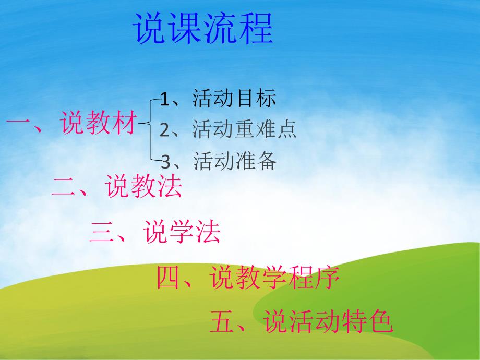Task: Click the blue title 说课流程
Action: (x=204, y=29)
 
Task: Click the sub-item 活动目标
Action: (x=234, y=98)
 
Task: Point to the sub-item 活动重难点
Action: (x=244, y=129)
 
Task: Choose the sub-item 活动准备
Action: (x=234, y=161)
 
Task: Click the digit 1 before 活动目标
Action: (x=165, y=99)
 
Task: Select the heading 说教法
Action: (x=143, y=187)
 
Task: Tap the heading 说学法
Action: (x=182, y=233)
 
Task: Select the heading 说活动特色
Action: (x=328, y=322)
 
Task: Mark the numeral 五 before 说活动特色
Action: (x=223, y=322)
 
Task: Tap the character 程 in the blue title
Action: (x=256, y=29)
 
